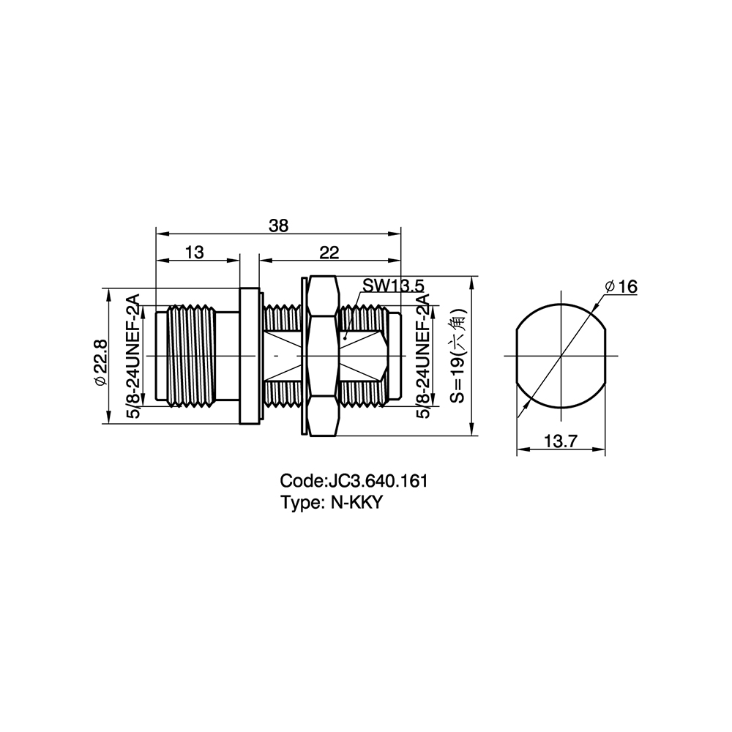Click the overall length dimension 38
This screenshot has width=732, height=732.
[x=279, y=226]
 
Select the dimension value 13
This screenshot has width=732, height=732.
[x=195, y=252]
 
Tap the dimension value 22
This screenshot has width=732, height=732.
[x=329, y=252]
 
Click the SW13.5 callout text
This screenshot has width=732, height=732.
[x=393, y=285]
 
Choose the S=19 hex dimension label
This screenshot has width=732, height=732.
[x=458, y=355]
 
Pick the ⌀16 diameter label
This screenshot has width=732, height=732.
[x=621, y=286]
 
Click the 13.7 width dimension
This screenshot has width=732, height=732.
[x=561, y=440]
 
